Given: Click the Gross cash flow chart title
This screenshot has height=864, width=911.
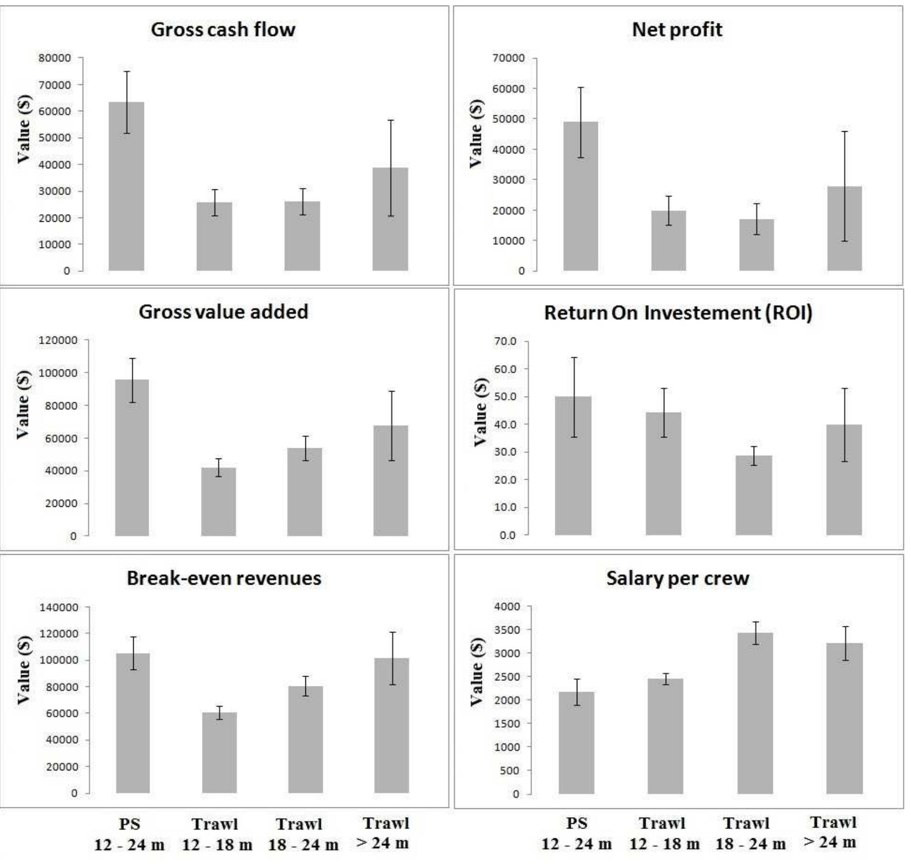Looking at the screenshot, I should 223,30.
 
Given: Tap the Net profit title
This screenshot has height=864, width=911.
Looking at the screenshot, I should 677,30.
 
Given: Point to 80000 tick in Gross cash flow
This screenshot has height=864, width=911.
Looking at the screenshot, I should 54,58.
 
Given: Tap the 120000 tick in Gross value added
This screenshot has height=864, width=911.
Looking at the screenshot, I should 58,340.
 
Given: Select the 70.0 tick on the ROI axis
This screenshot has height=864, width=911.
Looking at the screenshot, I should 506,341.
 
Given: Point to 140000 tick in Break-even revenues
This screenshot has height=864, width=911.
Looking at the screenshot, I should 59,607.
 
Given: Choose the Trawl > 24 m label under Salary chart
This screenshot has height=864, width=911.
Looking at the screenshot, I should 833,832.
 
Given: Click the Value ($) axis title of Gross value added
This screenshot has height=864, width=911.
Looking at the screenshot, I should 23,404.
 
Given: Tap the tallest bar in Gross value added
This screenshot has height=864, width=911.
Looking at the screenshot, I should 132,457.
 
